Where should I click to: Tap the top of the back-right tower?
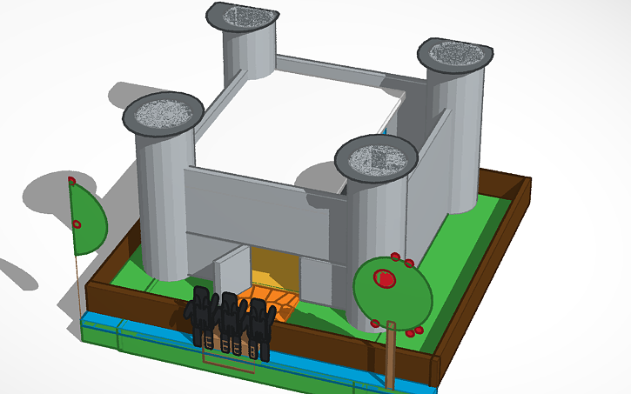[x=455, y=54]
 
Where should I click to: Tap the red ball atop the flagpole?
[x=71, y=180]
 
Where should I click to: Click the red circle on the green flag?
[x=77, y=224]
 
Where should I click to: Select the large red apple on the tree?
[x=384, y=278]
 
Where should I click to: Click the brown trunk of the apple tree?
[x=392, y=357]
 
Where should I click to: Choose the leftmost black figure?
[x=202, y=317]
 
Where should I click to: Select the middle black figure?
[x=229, y=322]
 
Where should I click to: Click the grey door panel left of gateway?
[x=231, y=270]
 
